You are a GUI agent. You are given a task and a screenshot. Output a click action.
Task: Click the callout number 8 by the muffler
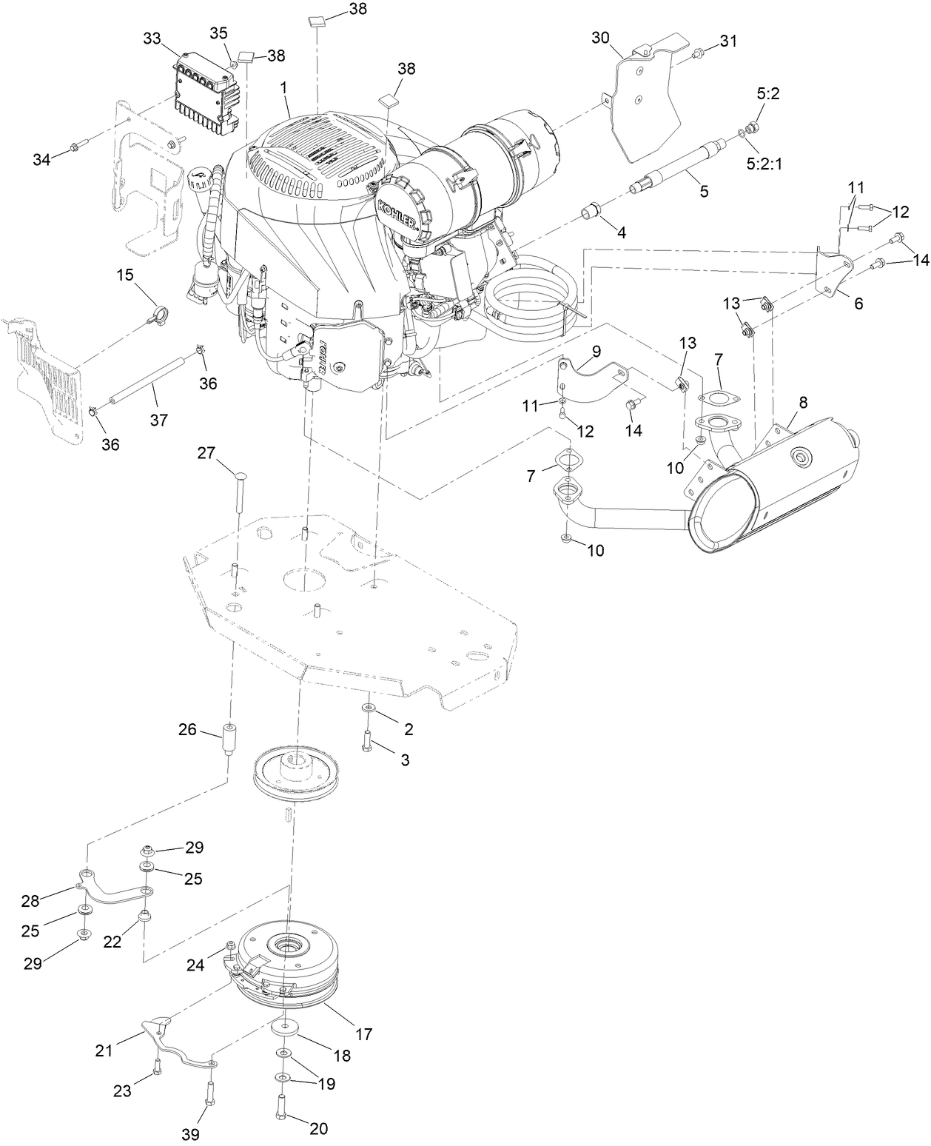coord(803,403)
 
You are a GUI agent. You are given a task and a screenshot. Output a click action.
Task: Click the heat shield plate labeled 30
coord(646,104)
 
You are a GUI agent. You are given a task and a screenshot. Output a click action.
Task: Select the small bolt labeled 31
coord(697,53)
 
